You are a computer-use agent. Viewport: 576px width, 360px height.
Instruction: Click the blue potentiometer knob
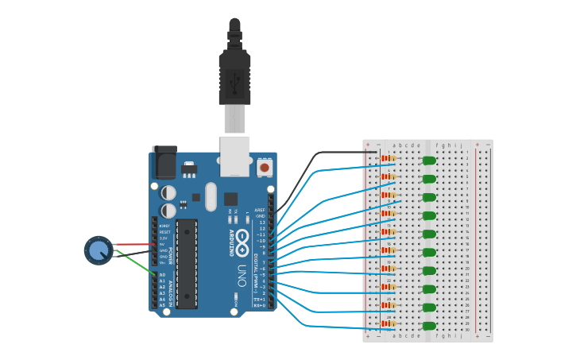click(x=98, y=250)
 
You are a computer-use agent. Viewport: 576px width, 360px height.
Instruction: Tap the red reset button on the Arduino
click(x=264, y=168)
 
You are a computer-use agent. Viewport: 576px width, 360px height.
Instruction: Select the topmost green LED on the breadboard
click(x=429, y=161)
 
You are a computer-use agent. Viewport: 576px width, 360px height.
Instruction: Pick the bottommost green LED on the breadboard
click(x=429, y=326)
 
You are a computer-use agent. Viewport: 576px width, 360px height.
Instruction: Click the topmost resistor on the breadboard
click(x=389, y=158)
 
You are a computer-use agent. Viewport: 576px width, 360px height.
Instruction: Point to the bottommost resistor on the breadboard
click(x=389, y=323)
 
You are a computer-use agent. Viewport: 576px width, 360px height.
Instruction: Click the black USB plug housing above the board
click(x=234, y=79)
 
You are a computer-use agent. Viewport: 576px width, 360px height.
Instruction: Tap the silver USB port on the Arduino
click(x=234, y=157)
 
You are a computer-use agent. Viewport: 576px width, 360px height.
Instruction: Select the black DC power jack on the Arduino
click(x=164, y=162)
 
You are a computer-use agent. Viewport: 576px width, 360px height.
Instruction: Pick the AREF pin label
click(x=259, y=211)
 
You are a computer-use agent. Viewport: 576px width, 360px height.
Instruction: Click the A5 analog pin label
click(x=162, y=305)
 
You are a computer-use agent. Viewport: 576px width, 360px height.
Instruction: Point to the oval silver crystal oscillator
click(x=211, y=196)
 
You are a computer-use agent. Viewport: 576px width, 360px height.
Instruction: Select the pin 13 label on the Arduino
click(x=261, y=223)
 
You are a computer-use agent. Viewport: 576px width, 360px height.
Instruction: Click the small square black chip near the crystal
click(x=230, y=199)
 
